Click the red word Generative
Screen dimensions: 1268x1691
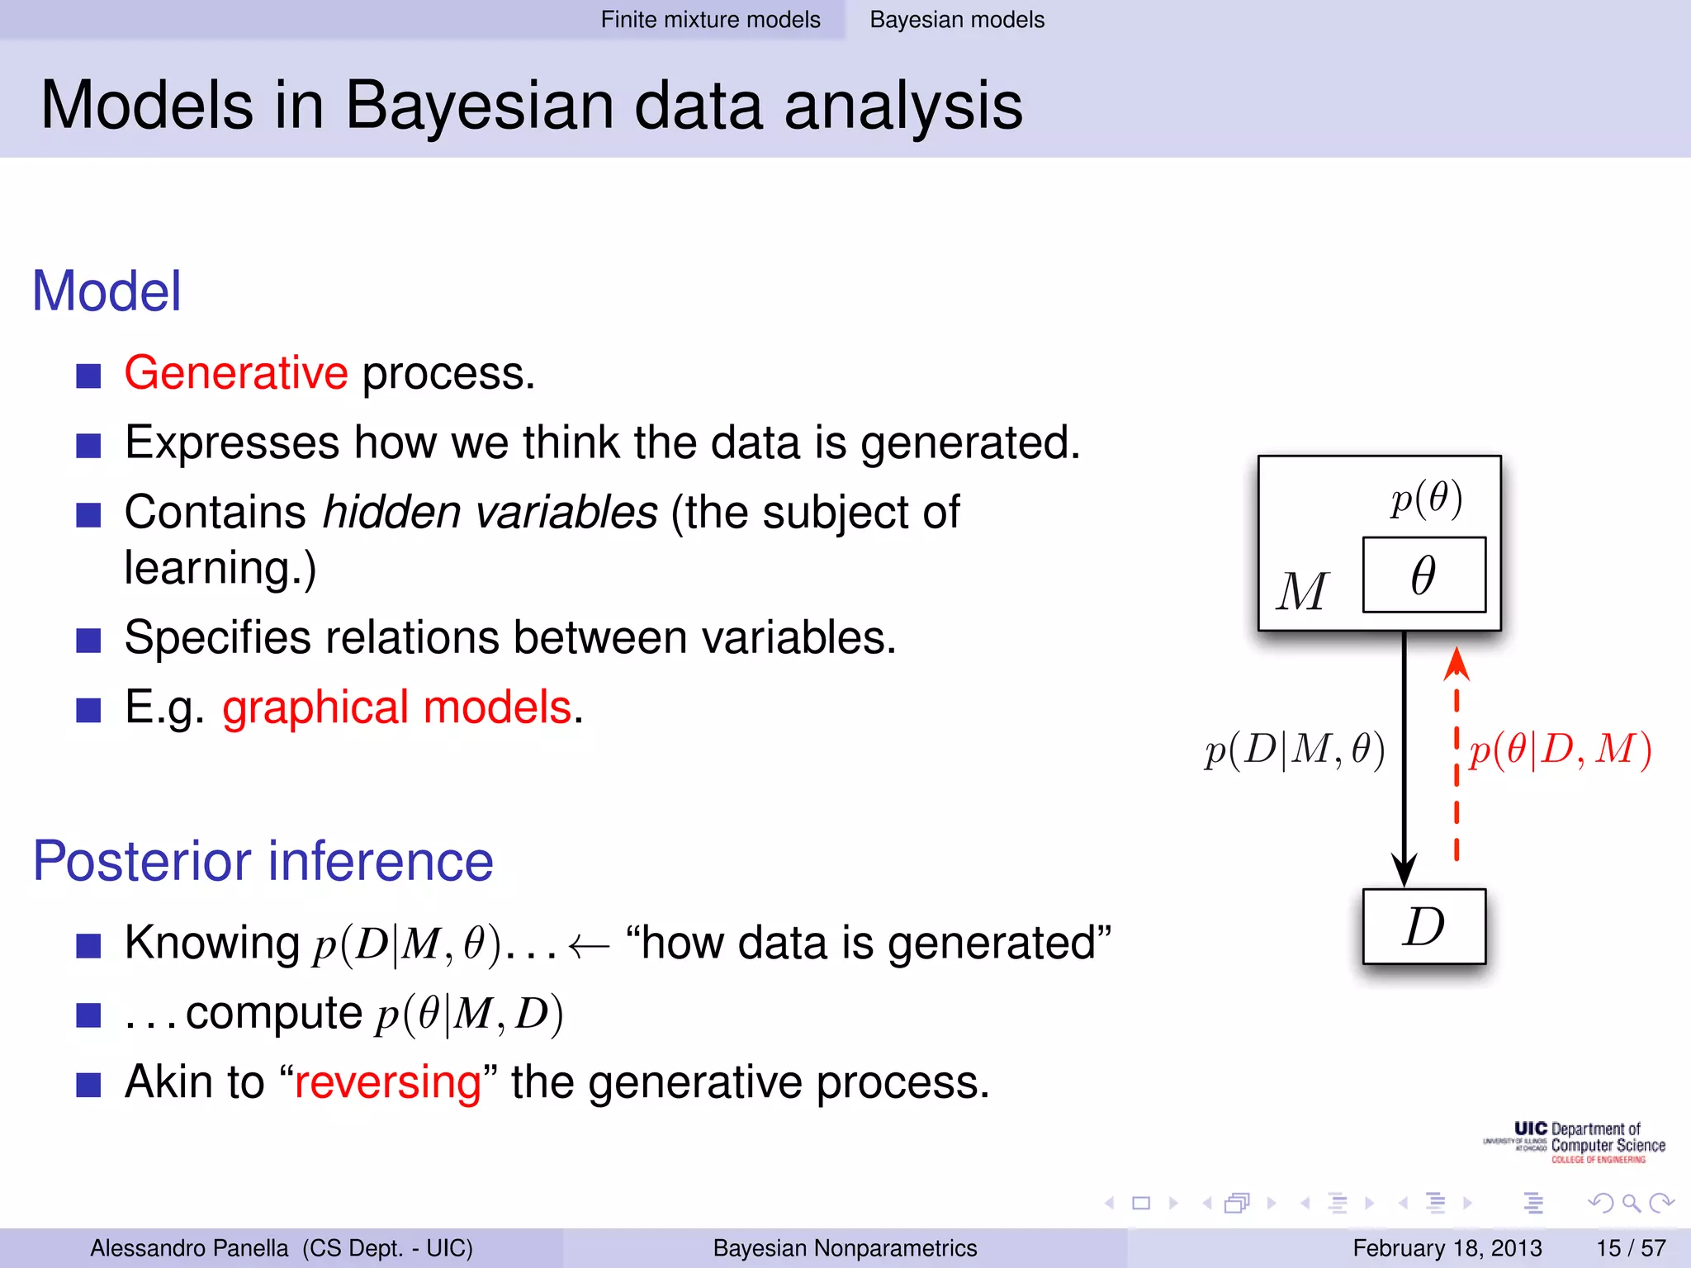pos(236,373)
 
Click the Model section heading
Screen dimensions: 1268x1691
pos(106,291)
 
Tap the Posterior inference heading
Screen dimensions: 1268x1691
pos(263,861)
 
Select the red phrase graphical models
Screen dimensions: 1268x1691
pos(397,707)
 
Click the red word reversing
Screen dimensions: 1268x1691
pos(388,1082)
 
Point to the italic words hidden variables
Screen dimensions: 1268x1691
pos(490,512)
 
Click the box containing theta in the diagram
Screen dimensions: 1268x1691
pos(1423,575)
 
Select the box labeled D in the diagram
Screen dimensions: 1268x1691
pos(1423,926)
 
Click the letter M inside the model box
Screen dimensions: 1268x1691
pos(1302,592)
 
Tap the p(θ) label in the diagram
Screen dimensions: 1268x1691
pos(1426,499)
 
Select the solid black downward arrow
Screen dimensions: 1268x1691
pos(1404,759)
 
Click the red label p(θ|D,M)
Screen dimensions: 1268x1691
pos(1560,750)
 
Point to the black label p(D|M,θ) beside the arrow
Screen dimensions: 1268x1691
pos(1295,750)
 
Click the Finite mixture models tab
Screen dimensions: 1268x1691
pos(710,20)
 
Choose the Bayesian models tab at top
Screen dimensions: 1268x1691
pos(957,20)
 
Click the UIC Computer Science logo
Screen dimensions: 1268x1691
pos(1575,1143)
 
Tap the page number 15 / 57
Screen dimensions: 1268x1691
pos(1630,1247)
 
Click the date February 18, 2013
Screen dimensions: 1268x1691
pos(1447,1247)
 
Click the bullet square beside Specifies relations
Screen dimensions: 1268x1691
pos(88,640)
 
